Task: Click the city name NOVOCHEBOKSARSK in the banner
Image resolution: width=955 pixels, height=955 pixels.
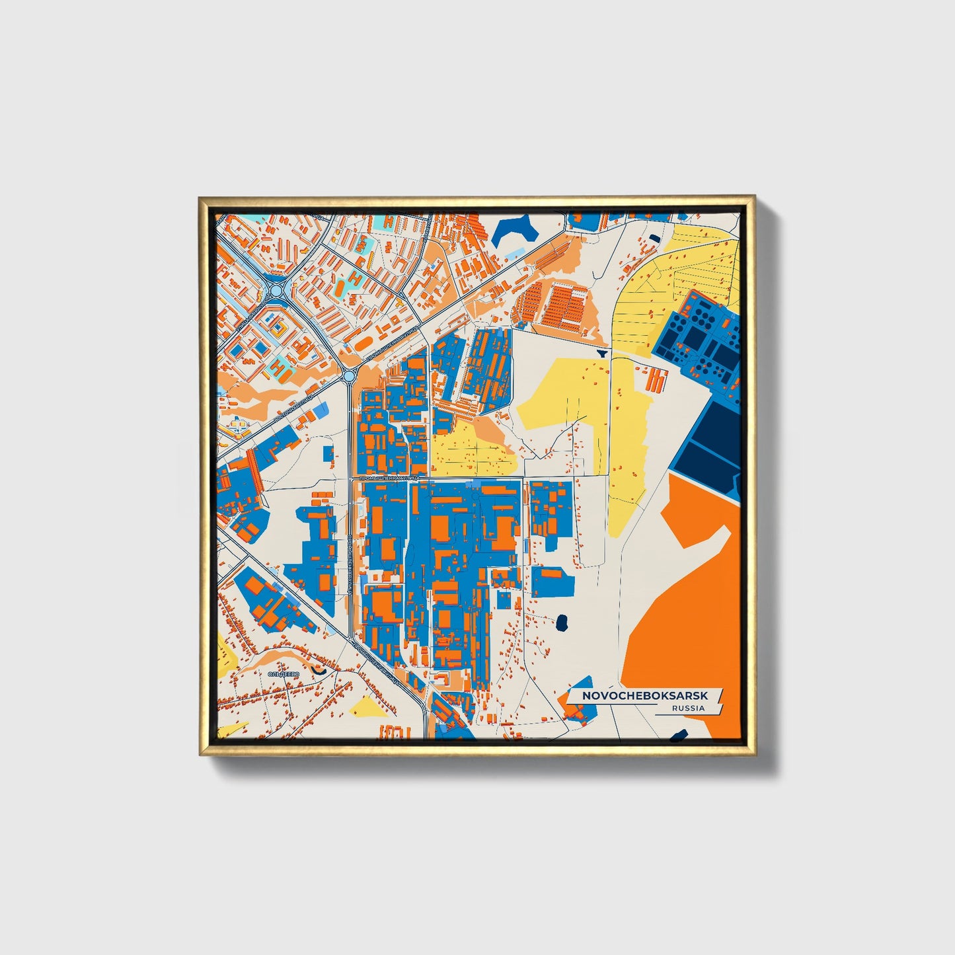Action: click(644, 696)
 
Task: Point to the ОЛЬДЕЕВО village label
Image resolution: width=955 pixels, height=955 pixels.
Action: click(284, 673)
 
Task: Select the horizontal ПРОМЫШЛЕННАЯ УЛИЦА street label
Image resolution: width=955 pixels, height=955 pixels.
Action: click(389, 477)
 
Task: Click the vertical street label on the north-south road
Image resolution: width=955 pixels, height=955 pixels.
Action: click(348, 568)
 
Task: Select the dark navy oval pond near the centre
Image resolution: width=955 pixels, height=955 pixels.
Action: click(562, 622)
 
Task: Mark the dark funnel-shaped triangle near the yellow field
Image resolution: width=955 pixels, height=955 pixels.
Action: click(601, 354)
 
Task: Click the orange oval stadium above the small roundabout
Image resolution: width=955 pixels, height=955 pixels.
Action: click(363, 344)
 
